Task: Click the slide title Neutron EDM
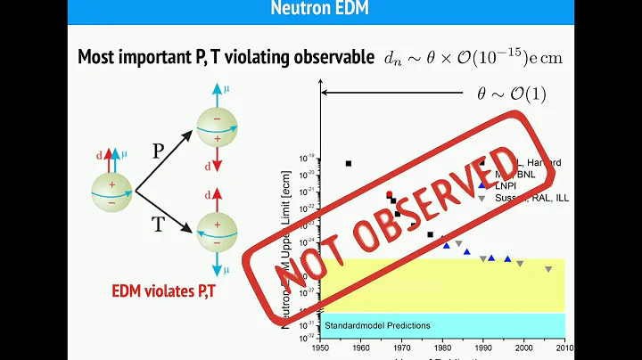tap(320, 11)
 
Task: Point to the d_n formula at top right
tap(472, 57)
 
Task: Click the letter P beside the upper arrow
tap(158, 151)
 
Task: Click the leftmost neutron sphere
tap(111, 190)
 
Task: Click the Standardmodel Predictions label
tap(377, 325)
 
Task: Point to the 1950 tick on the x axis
tap(321, 348)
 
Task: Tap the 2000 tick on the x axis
tap(523, 348)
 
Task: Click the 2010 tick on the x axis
tap(564, 348)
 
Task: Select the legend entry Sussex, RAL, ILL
tap(532, 196)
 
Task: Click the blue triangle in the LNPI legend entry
tap(481, 184)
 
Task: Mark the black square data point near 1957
tap(349, 163)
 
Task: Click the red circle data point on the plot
tap(389, 194)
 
